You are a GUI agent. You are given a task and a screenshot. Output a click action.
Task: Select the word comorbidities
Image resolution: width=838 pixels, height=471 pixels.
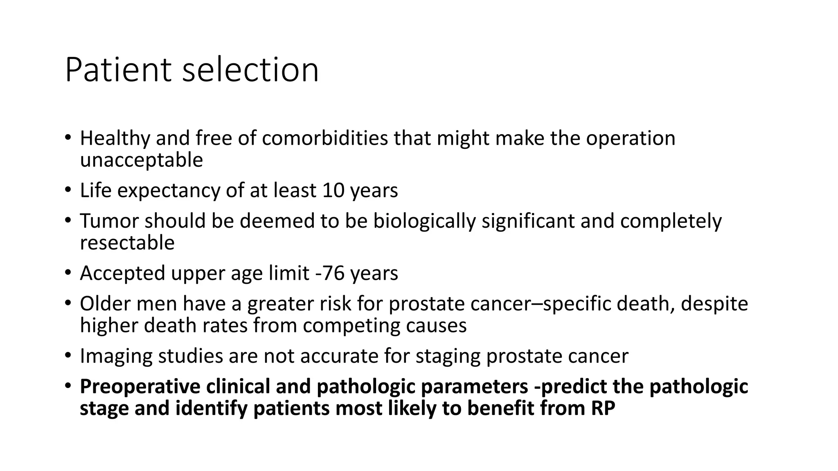click(x=325, y=138)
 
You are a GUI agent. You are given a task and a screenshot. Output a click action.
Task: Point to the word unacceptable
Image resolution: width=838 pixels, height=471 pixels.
click(x=141, y=160)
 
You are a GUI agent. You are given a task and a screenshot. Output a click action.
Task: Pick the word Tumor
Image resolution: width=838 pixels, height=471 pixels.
click(x=109, y=221)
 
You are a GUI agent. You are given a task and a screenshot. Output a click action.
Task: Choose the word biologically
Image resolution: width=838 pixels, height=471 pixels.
click(x=424, y=221)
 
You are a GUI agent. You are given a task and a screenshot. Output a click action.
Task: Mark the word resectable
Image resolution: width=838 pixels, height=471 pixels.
click(x=127, y=242)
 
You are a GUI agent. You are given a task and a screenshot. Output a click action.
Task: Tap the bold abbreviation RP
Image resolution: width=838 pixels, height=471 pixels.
click(x=603, y=408)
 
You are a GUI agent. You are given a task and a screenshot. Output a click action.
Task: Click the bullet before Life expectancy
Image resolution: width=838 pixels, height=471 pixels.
click(x=68, y=189)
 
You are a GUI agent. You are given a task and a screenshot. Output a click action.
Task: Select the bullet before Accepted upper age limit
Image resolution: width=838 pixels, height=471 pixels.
click(x=68, y=272)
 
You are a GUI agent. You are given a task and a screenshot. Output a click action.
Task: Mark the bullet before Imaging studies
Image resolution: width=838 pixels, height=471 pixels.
click(x=68, y=355)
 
